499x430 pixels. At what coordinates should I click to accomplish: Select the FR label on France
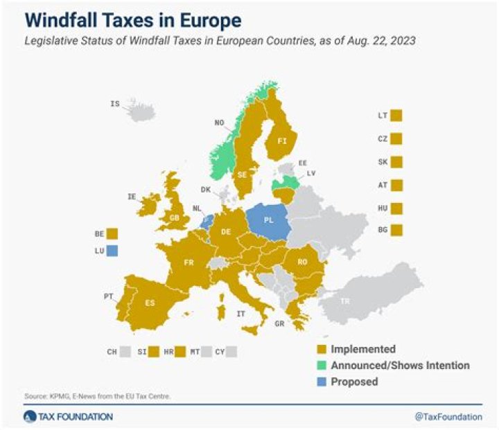[189, 264]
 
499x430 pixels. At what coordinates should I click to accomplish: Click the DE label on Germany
[225, 232]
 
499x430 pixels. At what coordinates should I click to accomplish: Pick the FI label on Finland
[282, 141]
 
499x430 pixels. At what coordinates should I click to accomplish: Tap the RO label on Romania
[302, 262]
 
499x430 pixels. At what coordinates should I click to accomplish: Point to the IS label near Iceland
[115, 104]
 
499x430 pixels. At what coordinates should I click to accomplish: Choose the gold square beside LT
[396, 116]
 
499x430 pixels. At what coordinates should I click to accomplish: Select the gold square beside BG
[396, 229]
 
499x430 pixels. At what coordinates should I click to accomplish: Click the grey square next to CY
[231, 352]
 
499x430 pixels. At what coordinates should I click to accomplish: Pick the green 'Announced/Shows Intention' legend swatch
[322, 366]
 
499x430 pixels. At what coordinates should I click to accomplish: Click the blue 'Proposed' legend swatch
[322, 382]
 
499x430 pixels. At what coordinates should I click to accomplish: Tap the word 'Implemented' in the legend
[363, 349]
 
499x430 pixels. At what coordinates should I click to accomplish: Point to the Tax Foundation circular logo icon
[29, 417]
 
